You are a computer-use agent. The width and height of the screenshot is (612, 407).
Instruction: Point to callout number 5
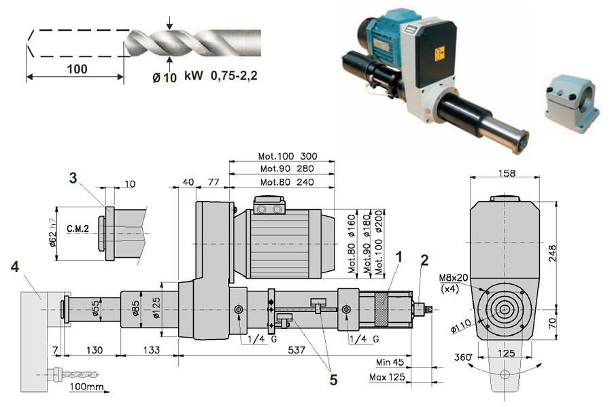(333, 381)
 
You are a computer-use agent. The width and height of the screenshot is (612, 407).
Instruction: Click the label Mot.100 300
(288, 156)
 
